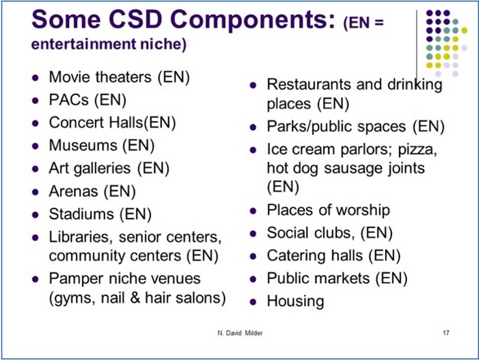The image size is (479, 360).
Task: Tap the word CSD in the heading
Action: tap(135, 19)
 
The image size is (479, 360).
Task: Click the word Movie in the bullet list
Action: tap(69, 77)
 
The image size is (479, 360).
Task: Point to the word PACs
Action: tap(69, 100)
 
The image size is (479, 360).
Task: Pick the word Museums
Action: tap(83, 145)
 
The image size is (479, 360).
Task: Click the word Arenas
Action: tap(73, 191)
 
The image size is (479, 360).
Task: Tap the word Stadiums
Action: tap(82, 214)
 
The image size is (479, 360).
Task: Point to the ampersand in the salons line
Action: tap(135, 297)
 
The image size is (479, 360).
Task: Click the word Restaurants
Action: tap(309, 84)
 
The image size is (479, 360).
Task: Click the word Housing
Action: tap(295, 302)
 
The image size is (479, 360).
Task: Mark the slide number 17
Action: tap(446, 333)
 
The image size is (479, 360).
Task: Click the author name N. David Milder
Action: tap(240, 333)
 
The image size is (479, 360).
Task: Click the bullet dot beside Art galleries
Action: tap(35, 169)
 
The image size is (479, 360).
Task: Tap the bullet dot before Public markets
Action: tap(253, 279)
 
